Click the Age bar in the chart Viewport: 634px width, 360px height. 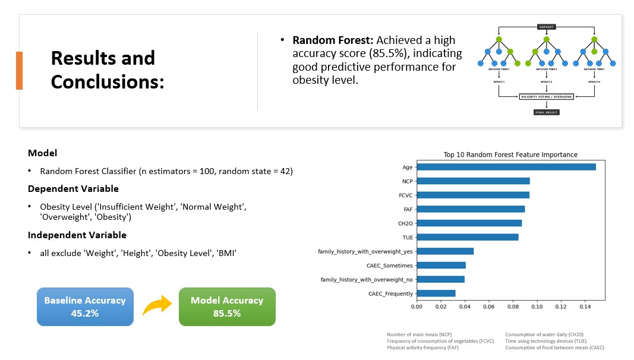(506, 167)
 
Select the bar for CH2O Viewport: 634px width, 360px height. (469, 223)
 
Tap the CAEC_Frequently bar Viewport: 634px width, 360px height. (436, 293)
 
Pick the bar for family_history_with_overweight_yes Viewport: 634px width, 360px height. (444, 251)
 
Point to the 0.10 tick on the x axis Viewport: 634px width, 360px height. (537, 307)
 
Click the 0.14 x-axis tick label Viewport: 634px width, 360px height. (585, 307)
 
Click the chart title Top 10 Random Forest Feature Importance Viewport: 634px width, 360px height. (510, 154)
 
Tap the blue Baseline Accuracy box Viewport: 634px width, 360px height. (85, 307)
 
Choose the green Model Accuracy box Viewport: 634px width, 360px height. (227, 307)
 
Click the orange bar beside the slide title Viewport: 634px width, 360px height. (19, 70)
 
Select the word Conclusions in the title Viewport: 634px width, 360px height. (107, 82)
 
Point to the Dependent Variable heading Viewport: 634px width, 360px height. (73, 189)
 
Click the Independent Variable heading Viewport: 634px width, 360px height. (77, 235)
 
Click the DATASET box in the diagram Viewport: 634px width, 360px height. (546, 27)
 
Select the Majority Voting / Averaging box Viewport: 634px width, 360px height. (546, 96)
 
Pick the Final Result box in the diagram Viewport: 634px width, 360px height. (546, 112)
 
